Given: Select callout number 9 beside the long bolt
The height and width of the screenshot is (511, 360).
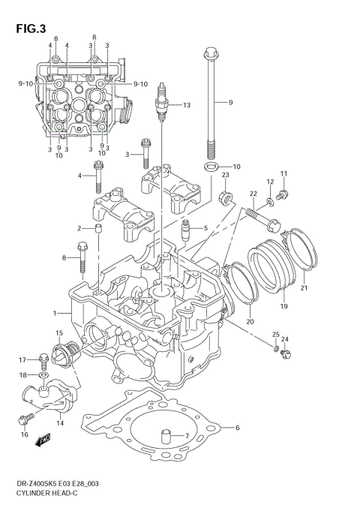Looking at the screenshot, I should (x=231, y=101).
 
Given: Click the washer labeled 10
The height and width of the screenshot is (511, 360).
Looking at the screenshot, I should (x=211, y=166).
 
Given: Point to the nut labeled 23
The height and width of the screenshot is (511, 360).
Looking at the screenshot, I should (x=223, y=198).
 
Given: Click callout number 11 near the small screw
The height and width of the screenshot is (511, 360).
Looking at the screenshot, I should (x=284, y=176).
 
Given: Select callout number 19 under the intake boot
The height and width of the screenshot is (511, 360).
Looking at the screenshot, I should (x=284, y=307).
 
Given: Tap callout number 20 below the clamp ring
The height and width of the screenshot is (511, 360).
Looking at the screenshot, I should (x=250, y=322).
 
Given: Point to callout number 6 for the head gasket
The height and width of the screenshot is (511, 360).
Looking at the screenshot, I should (x=236, y=428).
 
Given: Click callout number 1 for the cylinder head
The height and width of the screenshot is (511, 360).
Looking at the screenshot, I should (x=54, y=312).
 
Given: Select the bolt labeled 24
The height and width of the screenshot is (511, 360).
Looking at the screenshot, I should (x=284, y=351).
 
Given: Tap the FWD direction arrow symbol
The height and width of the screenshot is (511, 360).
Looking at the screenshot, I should (x=43, y=440).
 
